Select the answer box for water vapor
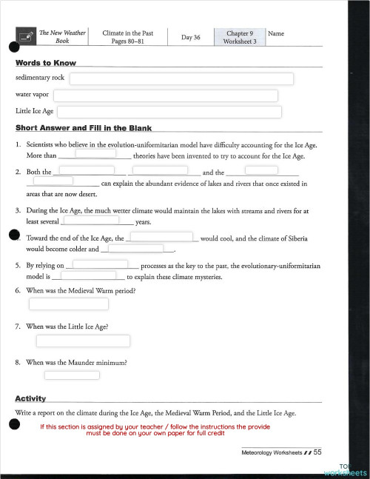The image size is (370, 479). pyautogui.click(x=165, y=96)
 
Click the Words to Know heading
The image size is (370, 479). pyautogui.click(x=46, y=62)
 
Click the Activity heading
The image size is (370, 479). pyautogui.click(x=30, y=398)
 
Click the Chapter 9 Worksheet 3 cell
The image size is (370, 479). pyautogui.click(x=239, y=38)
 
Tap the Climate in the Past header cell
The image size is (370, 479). pyautogui.click(x=127, y=38)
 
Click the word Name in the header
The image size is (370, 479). pyautogui.click(x=275, y=34)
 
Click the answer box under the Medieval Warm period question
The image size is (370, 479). pyautogui.click(x=68, y=304)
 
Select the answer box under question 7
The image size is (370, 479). pyautogui.click(x=83, y=341)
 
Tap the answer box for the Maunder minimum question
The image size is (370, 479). pyautogui.click(x=72, y=375)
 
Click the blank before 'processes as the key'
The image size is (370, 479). pyautogui.click(x=106, y=263)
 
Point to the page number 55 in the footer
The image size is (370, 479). pyautogui.click(x=317, y=452)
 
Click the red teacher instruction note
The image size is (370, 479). pyautogui.click(x=155, y=429)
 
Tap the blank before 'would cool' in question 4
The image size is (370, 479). pyautogui.click(x=162, y=238)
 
